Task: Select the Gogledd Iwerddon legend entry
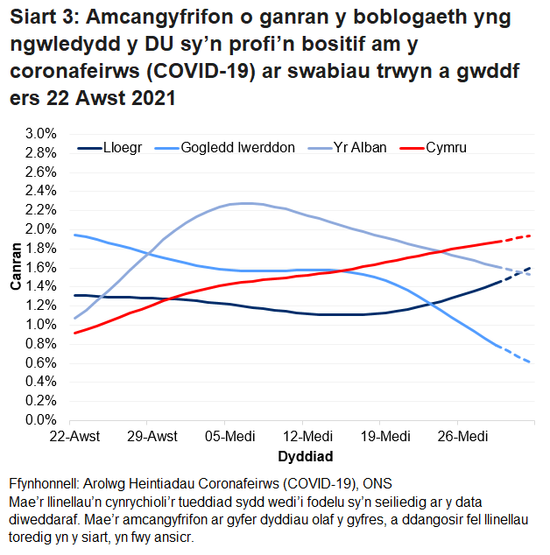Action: pyautogui.click(x=236, y=148)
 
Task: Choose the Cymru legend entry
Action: pyautogui.click(x=447, y=148)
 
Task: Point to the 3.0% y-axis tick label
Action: pyautogui.click(x=40, y=134)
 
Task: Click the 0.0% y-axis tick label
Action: pyautogui.click(x=40, y=420)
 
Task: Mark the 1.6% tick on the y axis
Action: pyautogui.click(x=40, y=268)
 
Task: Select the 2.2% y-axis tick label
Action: pyautogui.click(x=40, y=210)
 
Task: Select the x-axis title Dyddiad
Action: pyautogui.click(x=305, y=456)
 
